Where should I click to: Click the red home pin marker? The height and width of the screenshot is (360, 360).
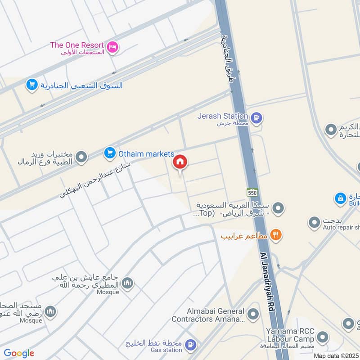[180, 162]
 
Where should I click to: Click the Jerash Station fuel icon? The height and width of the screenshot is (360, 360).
[257, 118]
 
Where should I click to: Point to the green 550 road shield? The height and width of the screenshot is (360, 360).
[252, 191]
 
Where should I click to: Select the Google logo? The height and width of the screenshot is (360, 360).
[18, 353]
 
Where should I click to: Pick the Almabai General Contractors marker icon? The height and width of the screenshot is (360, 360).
[253, 314]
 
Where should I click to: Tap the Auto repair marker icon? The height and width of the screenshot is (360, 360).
[314, 222]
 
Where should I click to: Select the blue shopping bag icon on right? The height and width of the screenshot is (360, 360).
[341, 198]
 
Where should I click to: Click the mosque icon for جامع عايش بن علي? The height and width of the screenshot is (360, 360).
[127, 283]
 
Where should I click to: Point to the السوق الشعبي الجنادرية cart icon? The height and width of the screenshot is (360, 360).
[31, 85]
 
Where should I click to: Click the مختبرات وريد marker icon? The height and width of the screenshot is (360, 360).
[81, 157]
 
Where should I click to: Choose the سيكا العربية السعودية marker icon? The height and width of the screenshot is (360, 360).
[279, 208]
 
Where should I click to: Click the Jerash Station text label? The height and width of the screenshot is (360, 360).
[222, 116]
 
